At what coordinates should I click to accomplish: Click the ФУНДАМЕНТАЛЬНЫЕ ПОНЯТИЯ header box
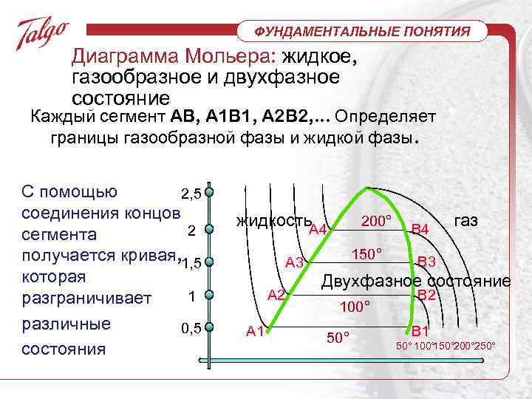[x=363, y=31]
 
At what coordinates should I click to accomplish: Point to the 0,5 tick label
[x=191, y=328]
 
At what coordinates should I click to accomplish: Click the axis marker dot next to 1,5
[x=210, y=262]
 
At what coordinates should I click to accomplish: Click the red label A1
[x=256, y=331]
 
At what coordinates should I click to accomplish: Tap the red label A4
[x=318, y=230]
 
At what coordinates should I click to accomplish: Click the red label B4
[x=420, y=230]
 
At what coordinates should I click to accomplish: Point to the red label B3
[x=427, y=262]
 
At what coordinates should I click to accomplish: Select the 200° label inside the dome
[x=377, y=221]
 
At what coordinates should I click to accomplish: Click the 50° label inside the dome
[x=338, y=338]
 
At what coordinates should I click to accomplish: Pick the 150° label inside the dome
[x=366, y=254]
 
